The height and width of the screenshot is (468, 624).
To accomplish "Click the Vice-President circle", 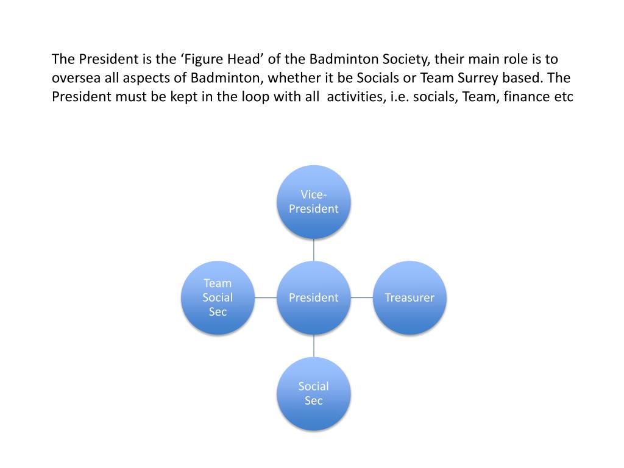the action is coord(314,202).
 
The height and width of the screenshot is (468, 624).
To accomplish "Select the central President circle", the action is coord(314,297).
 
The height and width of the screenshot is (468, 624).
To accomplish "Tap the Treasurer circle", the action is coord(409,297).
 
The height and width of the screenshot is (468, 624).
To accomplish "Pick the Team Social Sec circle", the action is coord(218,297).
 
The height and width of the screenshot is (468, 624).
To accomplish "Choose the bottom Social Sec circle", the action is coord(314,393).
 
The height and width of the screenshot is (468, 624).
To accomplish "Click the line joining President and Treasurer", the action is coord(362,297).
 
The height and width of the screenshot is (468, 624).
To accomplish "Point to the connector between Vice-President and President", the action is coord(314,250).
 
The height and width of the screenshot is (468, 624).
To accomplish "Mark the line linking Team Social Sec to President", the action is coord(266,297).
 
